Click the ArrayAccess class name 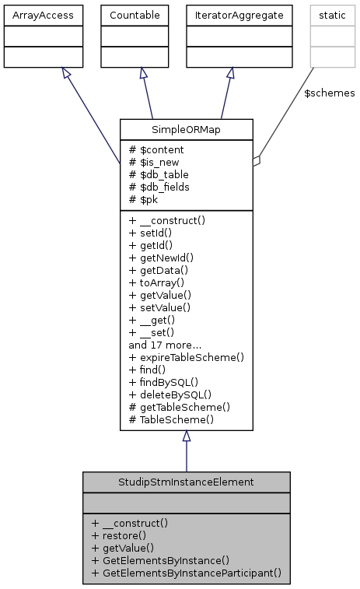point(43,14)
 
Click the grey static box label point(327,14)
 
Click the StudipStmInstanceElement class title point(186,482)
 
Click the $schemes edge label point(329,93)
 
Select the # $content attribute point(157,149)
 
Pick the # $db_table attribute point(159,174)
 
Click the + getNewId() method point(161,258)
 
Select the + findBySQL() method point(163,382)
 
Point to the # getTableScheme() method point(179,407)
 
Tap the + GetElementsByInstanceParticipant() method point(185,573)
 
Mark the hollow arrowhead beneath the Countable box point(143,73)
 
